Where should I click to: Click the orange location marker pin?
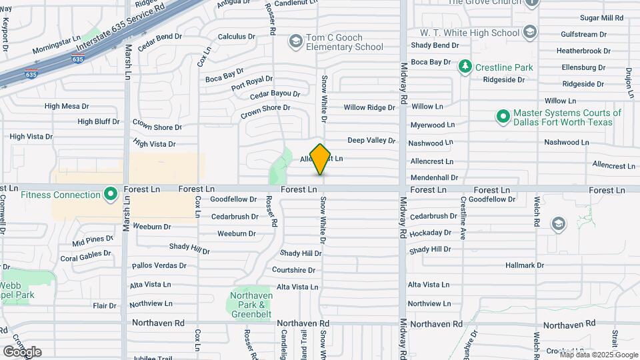(321, 159)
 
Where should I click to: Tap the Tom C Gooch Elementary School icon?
(295, 42)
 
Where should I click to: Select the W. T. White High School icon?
(530, 32)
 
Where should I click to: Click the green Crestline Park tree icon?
(465, 67)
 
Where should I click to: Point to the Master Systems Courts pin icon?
(503, 117)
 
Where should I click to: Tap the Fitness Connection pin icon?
(111, 195)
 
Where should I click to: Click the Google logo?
(22, 351)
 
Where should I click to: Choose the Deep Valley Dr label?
(371, 141)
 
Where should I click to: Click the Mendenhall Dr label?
(435, 178)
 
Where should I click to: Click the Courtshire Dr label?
(293, 270)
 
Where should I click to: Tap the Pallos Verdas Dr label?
(159, 266)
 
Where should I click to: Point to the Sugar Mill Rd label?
(583, 18)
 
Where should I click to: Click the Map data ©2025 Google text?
(598, 354)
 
